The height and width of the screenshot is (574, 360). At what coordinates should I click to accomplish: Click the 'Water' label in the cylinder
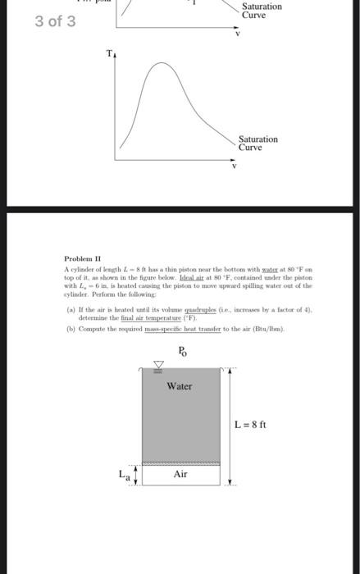point(180,385)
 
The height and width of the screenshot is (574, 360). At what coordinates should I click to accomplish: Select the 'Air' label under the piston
point(181,475)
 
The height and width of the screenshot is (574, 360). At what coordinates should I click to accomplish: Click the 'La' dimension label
point(123,474)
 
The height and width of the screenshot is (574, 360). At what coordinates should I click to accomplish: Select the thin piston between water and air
point(181,463)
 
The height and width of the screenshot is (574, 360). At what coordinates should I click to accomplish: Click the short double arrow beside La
point(134,475)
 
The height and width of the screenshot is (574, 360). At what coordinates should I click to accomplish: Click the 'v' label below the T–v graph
point(235,166)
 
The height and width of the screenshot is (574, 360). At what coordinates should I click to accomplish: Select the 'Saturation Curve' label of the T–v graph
point(258,143)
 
